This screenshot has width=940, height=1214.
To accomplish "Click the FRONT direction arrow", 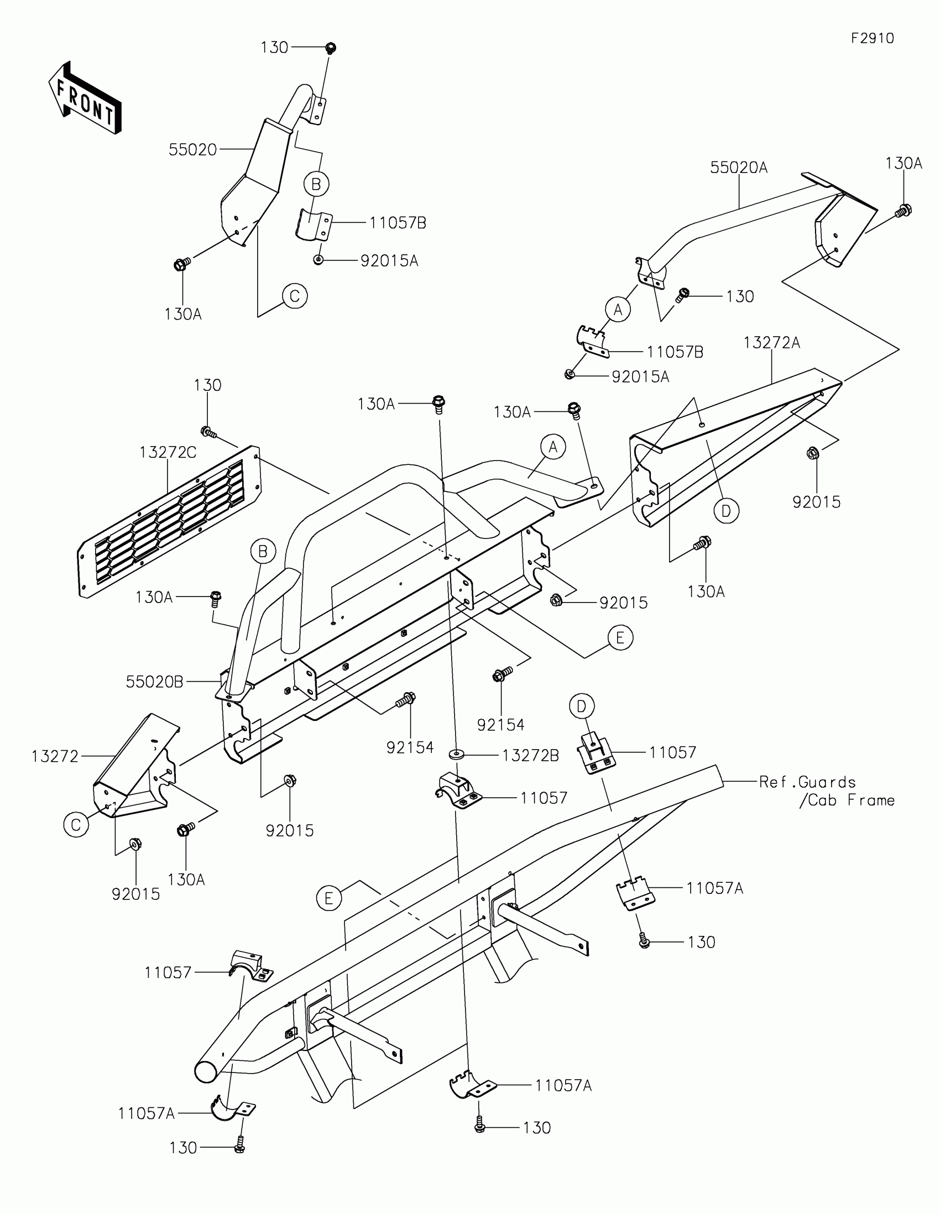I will click(x=85, y=99).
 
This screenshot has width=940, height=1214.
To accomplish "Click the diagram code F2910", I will click(x=872, y=38).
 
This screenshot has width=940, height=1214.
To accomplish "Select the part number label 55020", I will click(x=192, y=149).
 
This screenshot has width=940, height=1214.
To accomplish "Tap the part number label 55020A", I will click(x=738, y=168).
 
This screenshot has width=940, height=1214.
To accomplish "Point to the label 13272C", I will click(x=168, y=452).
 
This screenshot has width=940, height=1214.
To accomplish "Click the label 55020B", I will click(x=154, y=682).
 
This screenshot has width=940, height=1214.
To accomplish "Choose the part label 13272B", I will click(x=530, y=755).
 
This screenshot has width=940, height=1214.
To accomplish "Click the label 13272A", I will click(x=771, y=343).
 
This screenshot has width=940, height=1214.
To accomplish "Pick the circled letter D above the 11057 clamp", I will click(x=582, y=707).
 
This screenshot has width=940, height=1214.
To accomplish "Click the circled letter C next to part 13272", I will click(x=76, y=824).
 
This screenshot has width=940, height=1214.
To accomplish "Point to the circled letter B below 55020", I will click(x=316, y=184).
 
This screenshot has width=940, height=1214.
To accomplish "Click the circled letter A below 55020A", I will click(x=618, y=310).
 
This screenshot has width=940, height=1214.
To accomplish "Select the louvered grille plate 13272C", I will click(x=170, y=521).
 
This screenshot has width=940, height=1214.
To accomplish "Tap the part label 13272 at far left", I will click(x=55, y=756).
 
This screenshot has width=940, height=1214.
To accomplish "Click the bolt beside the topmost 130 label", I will click(x=331, y=48).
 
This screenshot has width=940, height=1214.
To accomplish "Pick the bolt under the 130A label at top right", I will click(x=904, y=211).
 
